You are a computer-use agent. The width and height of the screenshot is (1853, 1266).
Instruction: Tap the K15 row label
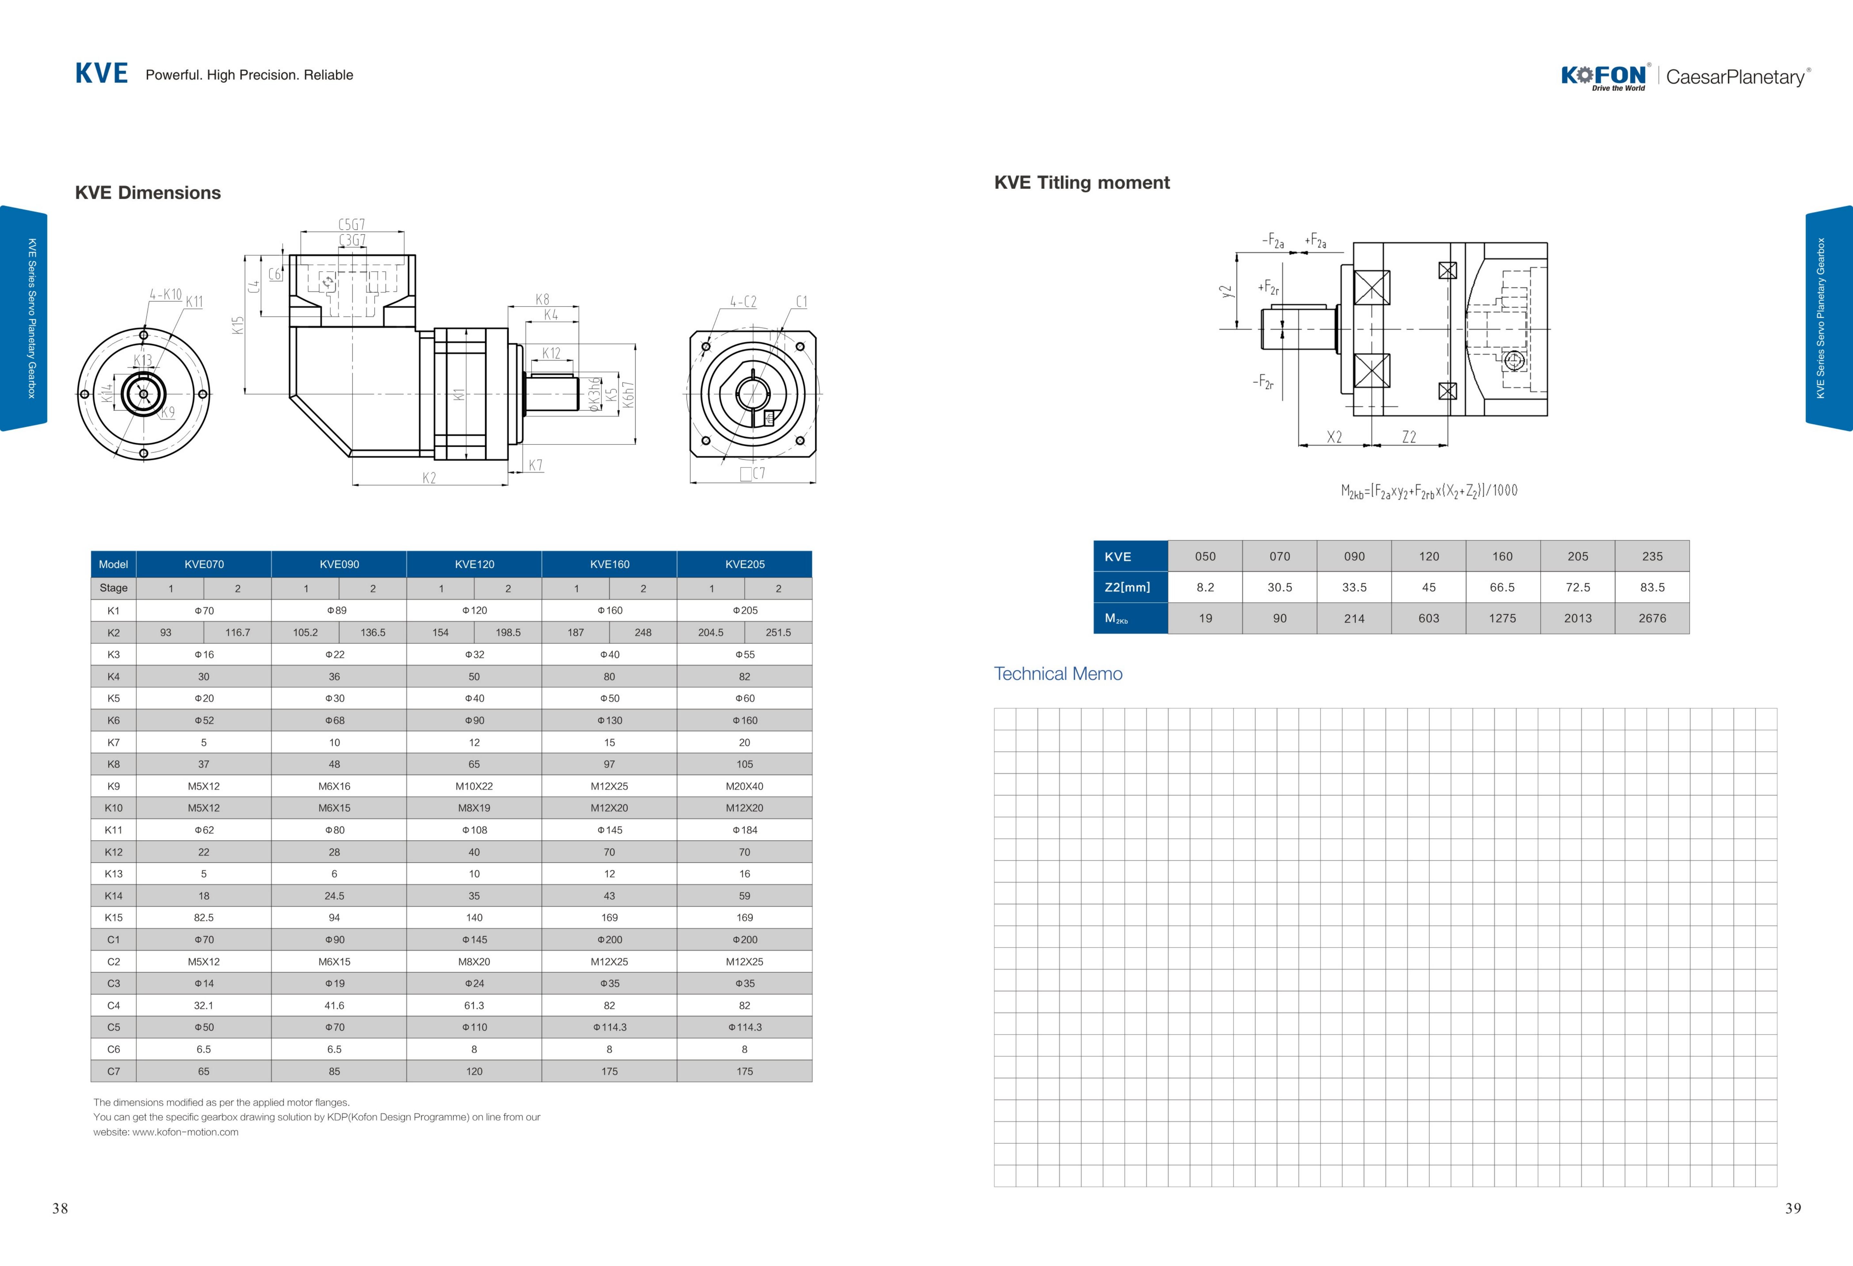113,918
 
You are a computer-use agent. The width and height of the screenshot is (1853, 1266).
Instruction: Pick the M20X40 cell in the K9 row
745,786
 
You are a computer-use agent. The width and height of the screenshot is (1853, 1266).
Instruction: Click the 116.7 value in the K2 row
238,632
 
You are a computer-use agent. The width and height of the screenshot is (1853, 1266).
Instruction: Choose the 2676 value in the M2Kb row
1652,618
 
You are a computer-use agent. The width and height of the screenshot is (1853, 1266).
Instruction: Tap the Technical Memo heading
1058,674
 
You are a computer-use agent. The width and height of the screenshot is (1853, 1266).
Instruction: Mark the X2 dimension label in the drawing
1334,437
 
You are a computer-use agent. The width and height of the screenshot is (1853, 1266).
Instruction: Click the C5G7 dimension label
352,225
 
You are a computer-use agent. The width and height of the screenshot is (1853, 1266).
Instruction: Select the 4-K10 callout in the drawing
166,294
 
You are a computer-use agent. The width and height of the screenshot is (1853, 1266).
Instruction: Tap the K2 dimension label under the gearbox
429,478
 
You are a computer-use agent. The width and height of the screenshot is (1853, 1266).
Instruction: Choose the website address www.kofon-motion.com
185,1132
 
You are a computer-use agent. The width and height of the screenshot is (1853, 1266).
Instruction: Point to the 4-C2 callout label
743,301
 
